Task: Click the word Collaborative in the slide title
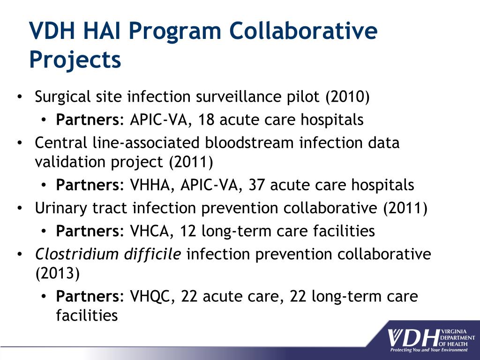click(x=303, y=31)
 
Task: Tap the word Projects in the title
click(x=75, y=60)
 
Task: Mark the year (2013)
click(x=57, y=273)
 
